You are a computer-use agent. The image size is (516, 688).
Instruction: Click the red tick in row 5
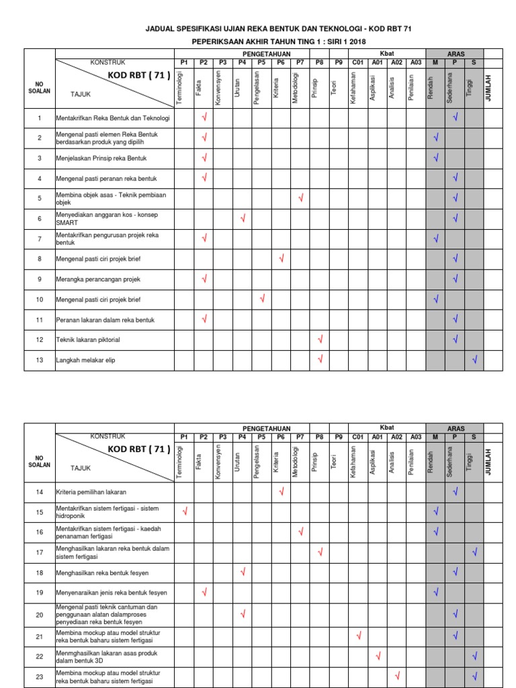(x=301, y=198)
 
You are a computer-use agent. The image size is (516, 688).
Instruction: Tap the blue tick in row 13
(x=474, y=359)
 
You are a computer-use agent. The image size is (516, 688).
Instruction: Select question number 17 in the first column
(x=39, y=552)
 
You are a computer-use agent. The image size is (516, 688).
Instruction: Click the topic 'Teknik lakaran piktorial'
(x=87, y=339)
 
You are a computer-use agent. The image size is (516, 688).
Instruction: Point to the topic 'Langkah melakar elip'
(x=85, y=359)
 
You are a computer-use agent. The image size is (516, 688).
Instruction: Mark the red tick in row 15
(x=185, y=512)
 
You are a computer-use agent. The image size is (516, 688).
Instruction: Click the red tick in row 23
(x=398, y=676)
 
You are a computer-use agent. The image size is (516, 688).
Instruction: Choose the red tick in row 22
(x=378, y=655)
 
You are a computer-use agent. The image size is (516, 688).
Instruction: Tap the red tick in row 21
(x=359, y=635)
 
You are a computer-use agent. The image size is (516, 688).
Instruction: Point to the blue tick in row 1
(x=455, y=118)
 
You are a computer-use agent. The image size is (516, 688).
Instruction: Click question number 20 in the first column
(x=39, y=614)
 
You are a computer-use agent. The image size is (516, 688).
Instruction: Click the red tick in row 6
(x=243, y=218)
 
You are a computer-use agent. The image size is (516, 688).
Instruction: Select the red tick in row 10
(x=262, y=298)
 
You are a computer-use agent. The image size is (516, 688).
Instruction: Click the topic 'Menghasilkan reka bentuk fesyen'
(x=102, y=572)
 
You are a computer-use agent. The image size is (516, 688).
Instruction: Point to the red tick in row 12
(x=320, y=339)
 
